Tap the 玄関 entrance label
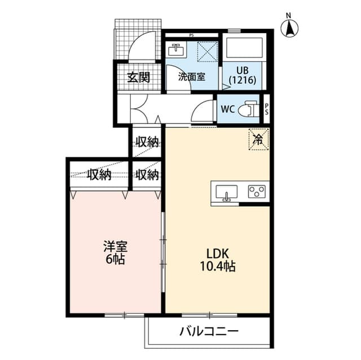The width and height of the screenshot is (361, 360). [x=139, y=77]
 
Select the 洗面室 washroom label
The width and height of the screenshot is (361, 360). [x=192, y=77]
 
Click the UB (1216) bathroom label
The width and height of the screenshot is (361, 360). [x=243, y=75]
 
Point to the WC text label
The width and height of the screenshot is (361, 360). [x=228, y=109]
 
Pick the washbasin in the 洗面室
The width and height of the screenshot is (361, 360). [x=176, y=50]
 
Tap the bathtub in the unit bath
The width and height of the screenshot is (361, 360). [x=244, y=48]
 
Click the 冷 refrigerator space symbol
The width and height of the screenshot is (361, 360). [x=259, y=139]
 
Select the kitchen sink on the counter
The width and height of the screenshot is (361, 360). [x=226, y=193]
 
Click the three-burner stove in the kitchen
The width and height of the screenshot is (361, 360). [x=257, y=192]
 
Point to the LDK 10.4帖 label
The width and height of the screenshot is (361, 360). [x=218, y=260]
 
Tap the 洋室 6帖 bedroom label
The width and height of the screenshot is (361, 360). [x=115, y=252]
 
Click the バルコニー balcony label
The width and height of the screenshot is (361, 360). [x=209, y=331]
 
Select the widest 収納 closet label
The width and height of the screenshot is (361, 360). [x=99, y=175]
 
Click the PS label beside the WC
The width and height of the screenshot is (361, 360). [x=267, y=109]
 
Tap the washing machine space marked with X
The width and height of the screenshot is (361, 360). [x=208, y=51]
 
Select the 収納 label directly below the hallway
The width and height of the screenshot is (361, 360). [x=147, y=142]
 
